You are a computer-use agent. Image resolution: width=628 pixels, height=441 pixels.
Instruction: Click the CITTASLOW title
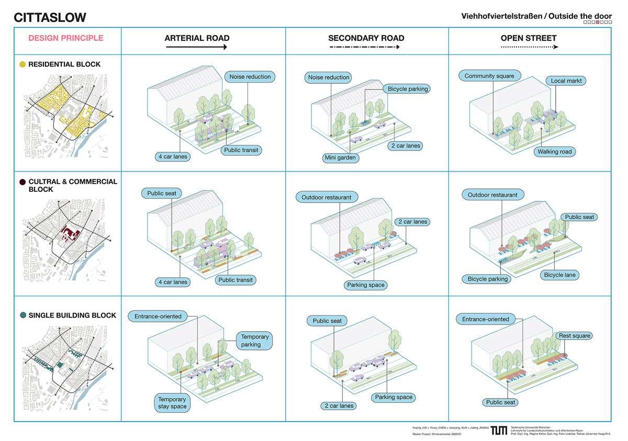tap(50, 17)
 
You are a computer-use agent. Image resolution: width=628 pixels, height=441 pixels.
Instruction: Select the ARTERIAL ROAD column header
tap(197, 38)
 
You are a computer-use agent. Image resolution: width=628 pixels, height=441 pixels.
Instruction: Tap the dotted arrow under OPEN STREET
tap(529, 47)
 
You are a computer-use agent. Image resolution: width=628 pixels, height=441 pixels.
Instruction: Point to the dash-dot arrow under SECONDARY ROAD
tap(366, 47)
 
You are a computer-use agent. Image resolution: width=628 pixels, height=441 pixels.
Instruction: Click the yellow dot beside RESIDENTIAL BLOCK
tap(23, 65)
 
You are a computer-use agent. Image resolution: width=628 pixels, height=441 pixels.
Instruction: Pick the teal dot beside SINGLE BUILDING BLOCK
tap(23, 316)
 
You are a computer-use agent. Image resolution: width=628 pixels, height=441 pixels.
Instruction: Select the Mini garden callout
tap(340, 157)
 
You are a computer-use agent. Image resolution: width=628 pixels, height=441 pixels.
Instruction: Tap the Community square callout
tap(489, 76)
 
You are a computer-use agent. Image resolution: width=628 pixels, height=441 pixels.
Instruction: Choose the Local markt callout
tap(566, 81)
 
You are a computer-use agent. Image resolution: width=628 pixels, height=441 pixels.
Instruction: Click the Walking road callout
tap(555, 152)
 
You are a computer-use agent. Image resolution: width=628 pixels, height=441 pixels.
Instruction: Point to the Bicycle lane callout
tap(561, 274)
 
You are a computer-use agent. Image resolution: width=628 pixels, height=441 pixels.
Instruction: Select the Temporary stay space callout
tap(172, 403)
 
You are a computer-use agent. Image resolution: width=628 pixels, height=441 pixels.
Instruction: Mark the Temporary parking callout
tap(255, 341)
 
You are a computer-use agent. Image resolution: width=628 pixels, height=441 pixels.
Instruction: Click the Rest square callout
tap(574, 336)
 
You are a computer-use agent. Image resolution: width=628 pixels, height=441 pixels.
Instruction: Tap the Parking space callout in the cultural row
tap(366, 285)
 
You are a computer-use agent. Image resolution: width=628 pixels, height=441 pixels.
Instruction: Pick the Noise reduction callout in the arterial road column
tap(250, 77)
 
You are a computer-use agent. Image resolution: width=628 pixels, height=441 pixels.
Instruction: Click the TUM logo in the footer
tap(499, 430)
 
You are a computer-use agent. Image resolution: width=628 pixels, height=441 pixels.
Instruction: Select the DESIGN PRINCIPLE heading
tap(66, 38)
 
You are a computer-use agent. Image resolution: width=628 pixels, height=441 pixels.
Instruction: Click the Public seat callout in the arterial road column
tap(161, 193)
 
